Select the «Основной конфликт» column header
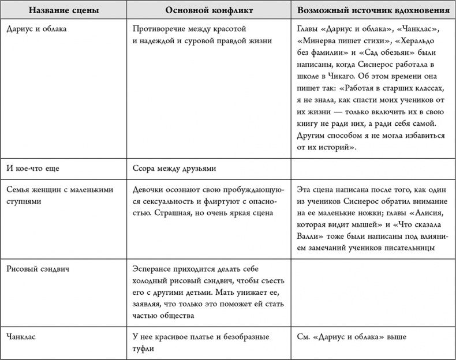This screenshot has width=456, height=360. [x=205, y=11]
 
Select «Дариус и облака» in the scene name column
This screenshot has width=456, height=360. [x=38, y=29]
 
